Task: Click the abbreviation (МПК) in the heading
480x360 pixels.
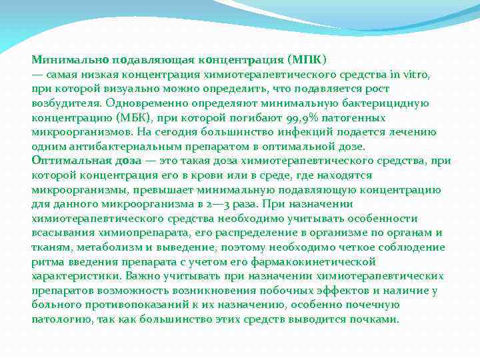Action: pos(307,60)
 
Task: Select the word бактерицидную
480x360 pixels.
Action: pos(389,103)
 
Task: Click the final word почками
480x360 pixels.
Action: pos(378,319)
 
